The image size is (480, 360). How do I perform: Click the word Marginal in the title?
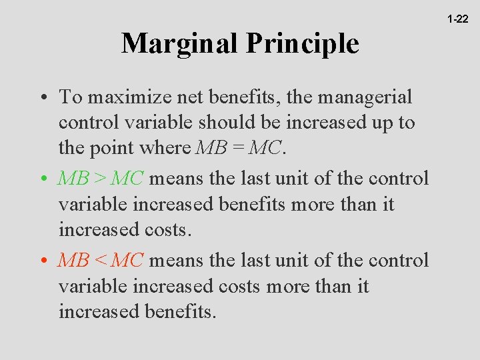click(x=180, y=44)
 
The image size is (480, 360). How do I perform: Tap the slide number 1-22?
click(x=457, y=19)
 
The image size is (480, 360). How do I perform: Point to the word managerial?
click(x=365, y=97)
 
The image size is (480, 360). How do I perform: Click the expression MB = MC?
click(x=239, y=148)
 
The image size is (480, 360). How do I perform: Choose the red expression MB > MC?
click(x=100, y=179)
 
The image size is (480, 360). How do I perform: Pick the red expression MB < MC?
click(x=100, y=260)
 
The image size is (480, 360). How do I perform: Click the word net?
click(x=189, y=97)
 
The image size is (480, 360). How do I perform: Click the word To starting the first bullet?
click(x=71, y=97)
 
